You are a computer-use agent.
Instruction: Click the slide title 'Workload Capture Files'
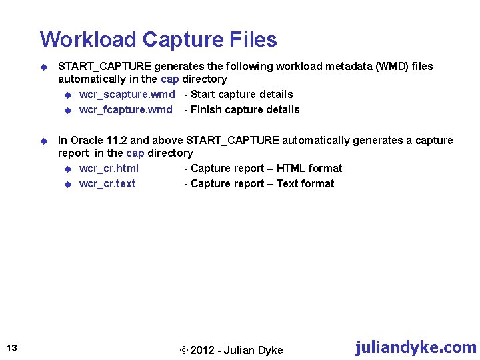(x=158, y=39)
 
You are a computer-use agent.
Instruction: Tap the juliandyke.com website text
(x=415, y=347)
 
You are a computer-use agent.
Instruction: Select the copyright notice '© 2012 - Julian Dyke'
(x=231, y=351)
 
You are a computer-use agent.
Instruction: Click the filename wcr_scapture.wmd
(x=127, y=94)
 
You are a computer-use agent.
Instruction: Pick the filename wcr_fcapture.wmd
(x=125, y=109)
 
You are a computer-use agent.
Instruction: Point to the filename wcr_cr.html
(x=109, y=168)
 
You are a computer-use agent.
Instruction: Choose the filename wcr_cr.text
(x=107, y=183)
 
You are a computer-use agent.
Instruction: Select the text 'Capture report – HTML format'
(x=266, y=168)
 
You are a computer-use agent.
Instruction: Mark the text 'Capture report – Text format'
(x=262, y=183)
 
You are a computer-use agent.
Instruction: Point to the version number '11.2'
(x=140, y=140)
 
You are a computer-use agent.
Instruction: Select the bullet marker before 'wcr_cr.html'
(x=67, y=169)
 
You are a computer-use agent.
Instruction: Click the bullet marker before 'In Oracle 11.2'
(x=44, y=141)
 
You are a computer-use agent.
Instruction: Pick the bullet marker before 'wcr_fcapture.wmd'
(x=67, y=110)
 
